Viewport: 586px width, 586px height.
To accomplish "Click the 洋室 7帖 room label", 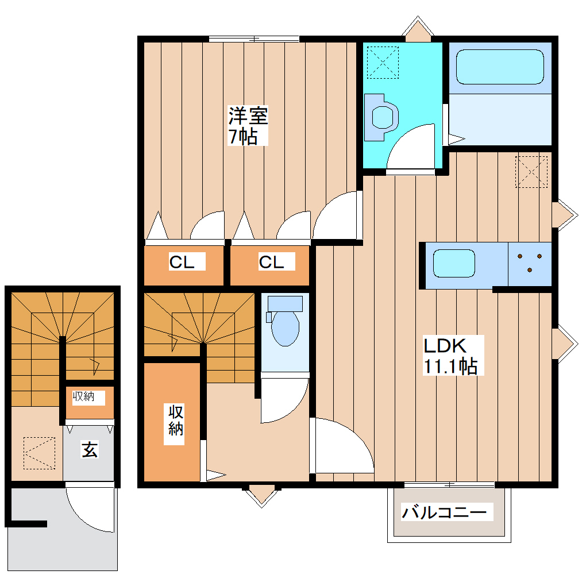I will pos(248,126).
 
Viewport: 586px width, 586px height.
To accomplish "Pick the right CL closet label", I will pos(271,262).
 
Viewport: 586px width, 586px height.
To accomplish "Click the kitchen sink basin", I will pos(454,263).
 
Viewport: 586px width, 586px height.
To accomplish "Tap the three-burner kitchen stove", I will pos(530,263).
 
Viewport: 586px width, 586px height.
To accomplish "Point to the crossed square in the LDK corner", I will pos(532,171).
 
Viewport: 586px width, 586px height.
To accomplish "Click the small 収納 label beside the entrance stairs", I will pos(88,396).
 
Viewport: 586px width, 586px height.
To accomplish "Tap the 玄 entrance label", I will pos(89,450).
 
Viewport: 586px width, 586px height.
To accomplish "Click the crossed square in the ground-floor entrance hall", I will pos(39,452).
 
